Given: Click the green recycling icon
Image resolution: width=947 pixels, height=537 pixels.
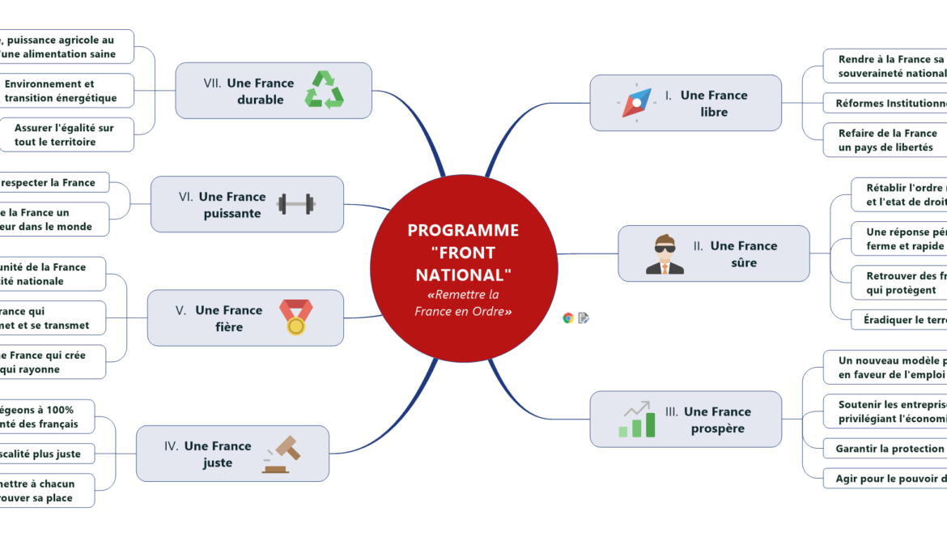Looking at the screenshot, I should point(324,90).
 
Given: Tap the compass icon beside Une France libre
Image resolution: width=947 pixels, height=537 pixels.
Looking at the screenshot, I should point(637,103).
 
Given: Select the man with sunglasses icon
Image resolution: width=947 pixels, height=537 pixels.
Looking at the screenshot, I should point(665,254).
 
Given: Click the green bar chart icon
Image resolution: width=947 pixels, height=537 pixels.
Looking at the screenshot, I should point(636,420).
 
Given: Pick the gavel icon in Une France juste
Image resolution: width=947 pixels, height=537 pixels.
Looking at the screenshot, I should point(281,454).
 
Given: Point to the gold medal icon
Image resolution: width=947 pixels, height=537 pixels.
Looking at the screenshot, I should point(295,318).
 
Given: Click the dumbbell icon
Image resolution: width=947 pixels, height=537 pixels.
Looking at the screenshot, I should point(295,204).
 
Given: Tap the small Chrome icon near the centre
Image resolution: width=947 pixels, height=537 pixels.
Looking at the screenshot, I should point(568,318).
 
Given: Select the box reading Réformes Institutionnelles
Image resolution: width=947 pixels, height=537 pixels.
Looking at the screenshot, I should point(885,104).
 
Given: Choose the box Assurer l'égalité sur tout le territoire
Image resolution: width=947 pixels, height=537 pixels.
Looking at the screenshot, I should point(66,134).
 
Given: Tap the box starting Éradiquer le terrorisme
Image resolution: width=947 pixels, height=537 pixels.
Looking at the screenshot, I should point(898,320).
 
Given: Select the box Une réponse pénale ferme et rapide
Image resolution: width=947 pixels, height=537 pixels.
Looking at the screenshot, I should point(898,239).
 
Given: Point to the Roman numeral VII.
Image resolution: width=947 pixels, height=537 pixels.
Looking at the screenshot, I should point(213,83).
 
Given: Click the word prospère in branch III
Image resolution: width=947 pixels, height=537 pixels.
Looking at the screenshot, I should point(717,428).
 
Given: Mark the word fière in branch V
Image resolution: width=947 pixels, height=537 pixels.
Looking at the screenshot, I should point(229,327).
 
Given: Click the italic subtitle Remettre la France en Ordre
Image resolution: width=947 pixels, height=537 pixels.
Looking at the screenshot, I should point(463,303).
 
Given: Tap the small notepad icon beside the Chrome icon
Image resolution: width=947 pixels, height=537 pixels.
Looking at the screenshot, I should point(584,318).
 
